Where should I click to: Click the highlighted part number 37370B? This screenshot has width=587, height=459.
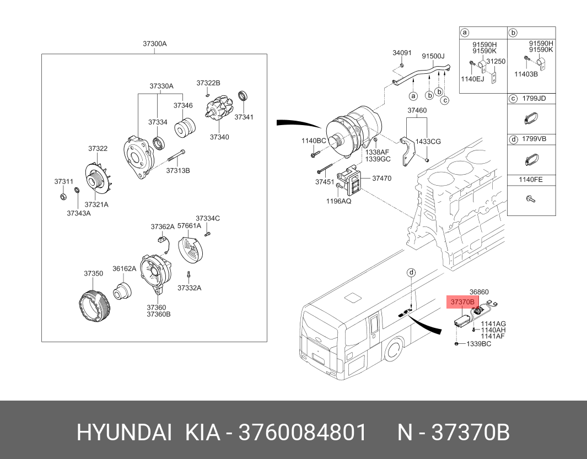[x=462, y=302]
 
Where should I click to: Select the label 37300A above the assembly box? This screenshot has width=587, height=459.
[x=155, y=44]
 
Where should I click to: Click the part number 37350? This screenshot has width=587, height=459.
[x=93, y=273]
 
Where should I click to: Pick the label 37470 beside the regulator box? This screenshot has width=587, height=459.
[x=381, y=178]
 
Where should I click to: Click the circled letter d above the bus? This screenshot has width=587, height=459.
[x=411, y=273]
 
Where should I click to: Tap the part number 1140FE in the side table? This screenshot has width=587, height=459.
[x=531, y=179]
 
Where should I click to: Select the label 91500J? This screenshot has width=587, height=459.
[x=433, y=56]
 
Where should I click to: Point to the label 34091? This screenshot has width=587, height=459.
[x=402, y=53]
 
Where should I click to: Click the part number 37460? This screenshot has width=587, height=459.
[x=417, y=111]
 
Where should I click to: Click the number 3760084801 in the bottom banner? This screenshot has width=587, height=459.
[x=302, y=433]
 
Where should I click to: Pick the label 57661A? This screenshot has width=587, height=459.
[x=191, y=225]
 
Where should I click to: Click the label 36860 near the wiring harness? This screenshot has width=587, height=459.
[x=479, y=291]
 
